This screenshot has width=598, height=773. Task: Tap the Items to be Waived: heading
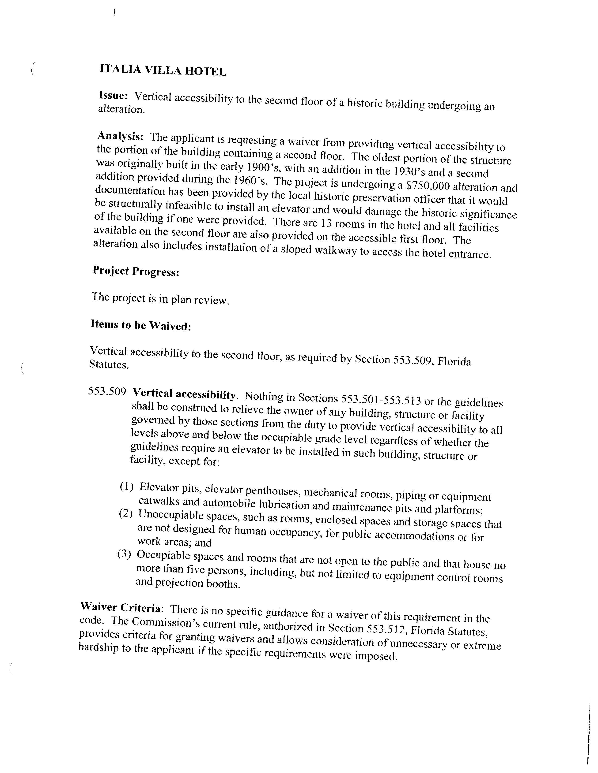[x=141, y=325]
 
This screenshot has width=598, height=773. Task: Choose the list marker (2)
[x=126, y=513]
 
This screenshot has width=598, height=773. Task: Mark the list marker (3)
[x=124, y=554]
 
